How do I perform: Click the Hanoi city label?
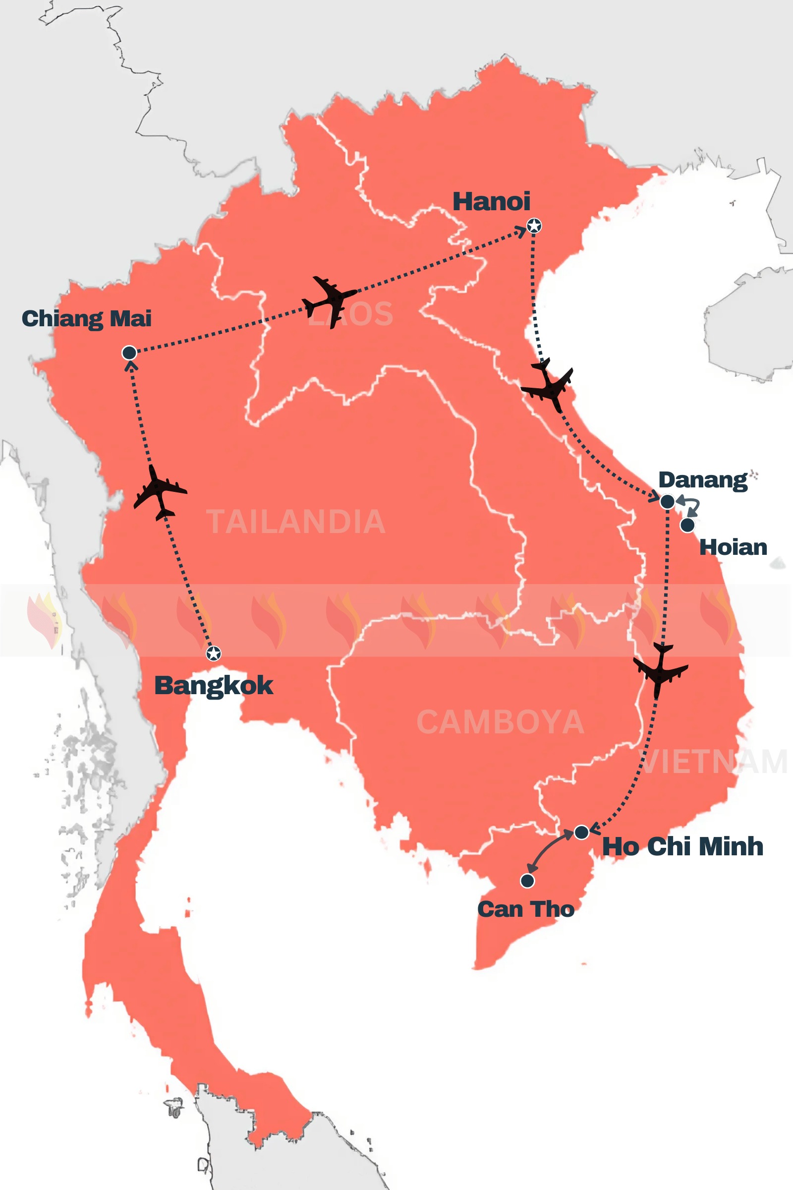point(491,201)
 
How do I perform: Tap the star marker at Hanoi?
point(534,226)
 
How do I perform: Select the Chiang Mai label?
point(86,319)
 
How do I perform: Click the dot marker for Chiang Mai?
point(129,353)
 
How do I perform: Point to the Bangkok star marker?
point(214,654)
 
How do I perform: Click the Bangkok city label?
point(214,686)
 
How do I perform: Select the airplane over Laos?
point(329,300)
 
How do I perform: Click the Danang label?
point(702,479)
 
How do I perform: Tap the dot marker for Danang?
point(667,501)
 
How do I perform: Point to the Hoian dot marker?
point(687,525)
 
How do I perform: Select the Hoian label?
point(733,547)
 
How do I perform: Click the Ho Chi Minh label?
point(682,846)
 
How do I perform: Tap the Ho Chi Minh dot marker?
point(581,832)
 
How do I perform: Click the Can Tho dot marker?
point(527,881)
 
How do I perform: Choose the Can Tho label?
point(525,909)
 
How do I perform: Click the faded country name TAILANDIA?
point(296,522)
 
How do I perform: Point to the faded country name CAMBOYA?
point(500,722)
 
